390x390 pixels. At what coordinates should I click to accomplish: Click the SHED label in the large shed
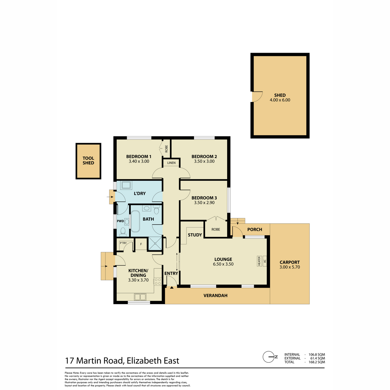[280, 95]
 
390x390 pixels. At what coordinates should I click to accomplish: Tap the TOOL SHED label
[88, 161]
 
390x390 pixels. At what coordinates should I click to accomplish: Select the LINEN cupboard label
[171, 163]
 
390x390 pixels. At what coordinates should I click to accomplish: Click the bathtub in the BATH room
[135, 221]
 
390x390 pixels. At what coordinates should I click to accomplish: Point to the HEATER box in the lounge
[259, 261]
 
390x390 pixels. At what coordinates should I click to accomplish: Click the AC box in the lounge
[265, 261]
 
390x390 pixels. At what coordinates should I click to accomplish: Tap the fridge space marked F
[141, 244]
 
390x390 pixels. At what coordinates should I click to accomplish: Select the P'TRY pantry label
[123, 243]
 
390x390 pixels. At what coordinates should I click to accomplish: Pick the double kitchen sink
[140, 297]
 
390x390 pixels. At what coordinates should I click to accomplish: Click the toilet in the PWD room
[123, 232]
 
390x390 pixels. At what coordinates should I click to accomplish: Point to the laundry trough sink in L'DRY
[126, 185]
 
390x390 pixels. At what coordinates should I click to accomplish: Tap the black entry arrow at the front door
[172, 287]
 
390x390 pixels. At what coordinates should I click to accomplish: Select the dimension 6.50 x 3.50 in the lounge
[223, 264]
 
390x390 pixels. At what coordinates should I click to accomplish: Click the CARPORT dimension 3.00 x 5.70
[290, 267]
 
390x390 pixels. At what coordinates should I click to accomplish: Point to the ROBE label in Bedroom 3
[216, 229]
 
